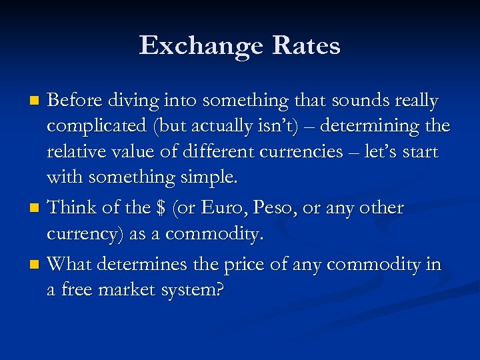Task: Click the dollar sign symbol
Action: (160, 208)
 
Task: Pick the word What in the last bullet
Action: (70, 265)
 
